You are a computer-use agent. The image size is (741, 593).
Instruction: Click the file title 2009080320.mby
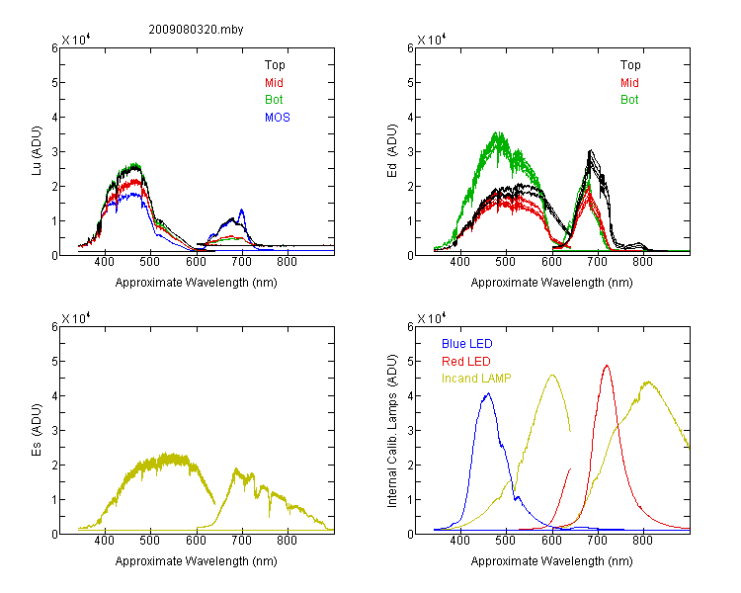[196, 30]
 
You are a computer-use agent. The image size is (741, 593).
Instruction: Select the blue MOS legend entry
[278, 118]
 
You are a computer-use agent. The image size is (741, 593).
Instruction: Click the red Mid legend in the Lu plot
[274, 83]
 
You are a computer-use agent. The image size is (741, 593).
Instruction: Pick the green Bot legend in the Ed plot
[629, 100]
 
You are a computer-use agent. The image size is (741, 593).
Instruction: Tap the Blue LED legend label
[467, 344]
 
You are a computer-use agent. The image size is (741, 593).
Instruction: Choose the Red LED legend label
[466, 362]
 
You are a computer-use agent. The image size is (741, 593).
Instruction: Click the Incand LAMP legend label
[476, 379]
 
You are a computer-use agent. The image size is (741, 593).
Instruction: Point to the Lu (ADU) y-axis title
[37, 151]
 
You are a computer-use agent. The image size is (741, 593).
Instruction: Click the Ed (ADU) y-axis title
[392, 151]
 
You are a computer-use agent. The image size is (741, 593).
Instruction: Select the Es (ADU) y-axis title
[37, 429]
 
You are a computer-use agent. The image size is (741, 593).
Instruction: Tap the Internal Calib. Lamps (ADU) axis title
[392, 431]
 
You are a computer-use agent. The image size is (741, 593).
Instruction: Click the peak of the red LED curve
[607, 365]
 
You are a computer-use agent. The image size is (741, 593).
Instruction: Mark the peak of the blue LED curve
[489, 393]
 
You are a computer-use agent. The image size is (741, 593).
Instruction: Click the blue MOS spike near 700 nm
[242, 210]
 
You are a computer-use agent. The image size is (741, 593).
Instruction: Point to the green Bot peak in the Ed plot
[498, 132]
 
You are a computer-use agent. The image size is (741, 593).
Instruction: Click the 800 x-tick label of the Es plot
[287, 541]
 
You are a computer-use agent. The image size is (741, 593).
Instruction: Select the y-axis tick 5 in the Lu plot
[54, 83]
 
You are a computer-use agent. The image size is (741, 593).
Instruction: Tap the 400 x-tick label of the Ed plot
[459, 262]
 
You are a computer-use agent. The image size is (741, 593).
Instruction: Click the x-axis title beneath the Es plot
[197, 561]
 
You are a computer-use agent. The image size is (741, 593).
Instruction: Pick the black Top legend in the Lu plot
[275, 65]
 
